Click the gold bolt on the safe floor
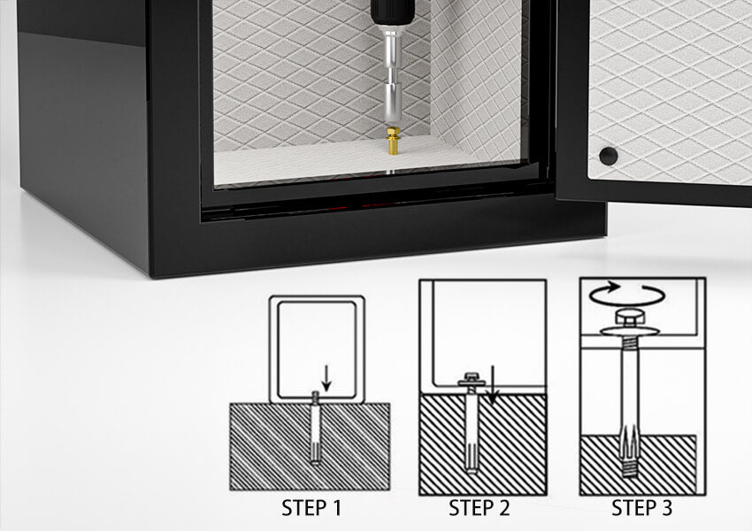(394, 141)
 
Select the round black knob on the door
(609, 156)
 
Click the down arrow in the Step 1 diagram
(326, 379)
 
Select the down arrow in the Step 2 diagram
(492, 385)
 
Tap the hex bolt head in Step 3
(628, 318)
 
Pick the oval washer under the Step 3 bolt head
(629, 331)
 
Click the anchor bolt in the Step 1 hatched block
(315, 427)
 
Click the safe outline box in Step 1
(317, 297)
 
